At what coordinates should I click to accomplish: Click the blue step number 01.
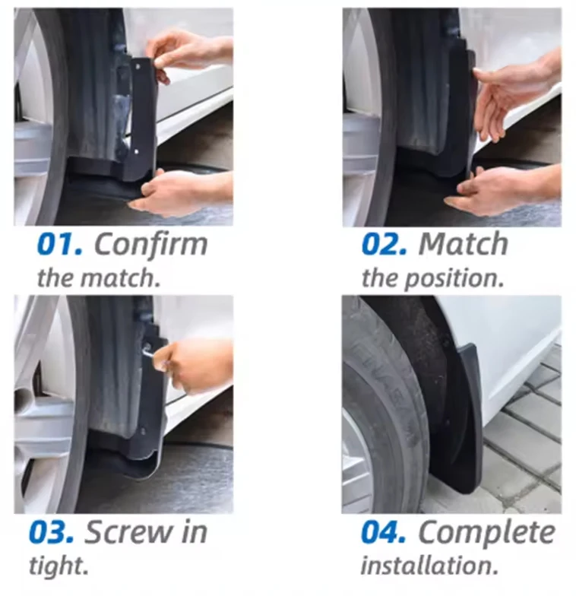pyautogui.click(x=59, y=244)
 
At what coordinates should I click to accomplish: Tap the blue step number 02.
pyautogui.click(x=385, y=244)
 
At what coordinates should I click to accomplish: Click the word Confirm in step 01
pyautogui.click(x=150, y=244)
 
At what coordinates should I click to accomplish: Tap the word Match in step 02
pyautogui.click(x=464, y=244)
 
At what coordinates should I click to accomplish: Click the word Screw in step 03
pyautogui.click(x=128, y=532)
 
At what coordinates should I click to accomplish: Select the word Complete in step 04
pyautogui.click(x=486, y=532)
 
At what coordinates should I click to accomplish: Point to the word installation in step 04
pyautogui.click(x=429, y=566)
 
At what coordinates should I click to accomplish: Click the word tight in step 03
pyautogui.click(x=59, y=566)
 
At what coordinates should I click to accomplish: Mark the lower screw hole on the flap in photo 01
pyautogui.click(x=137, y=152)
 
